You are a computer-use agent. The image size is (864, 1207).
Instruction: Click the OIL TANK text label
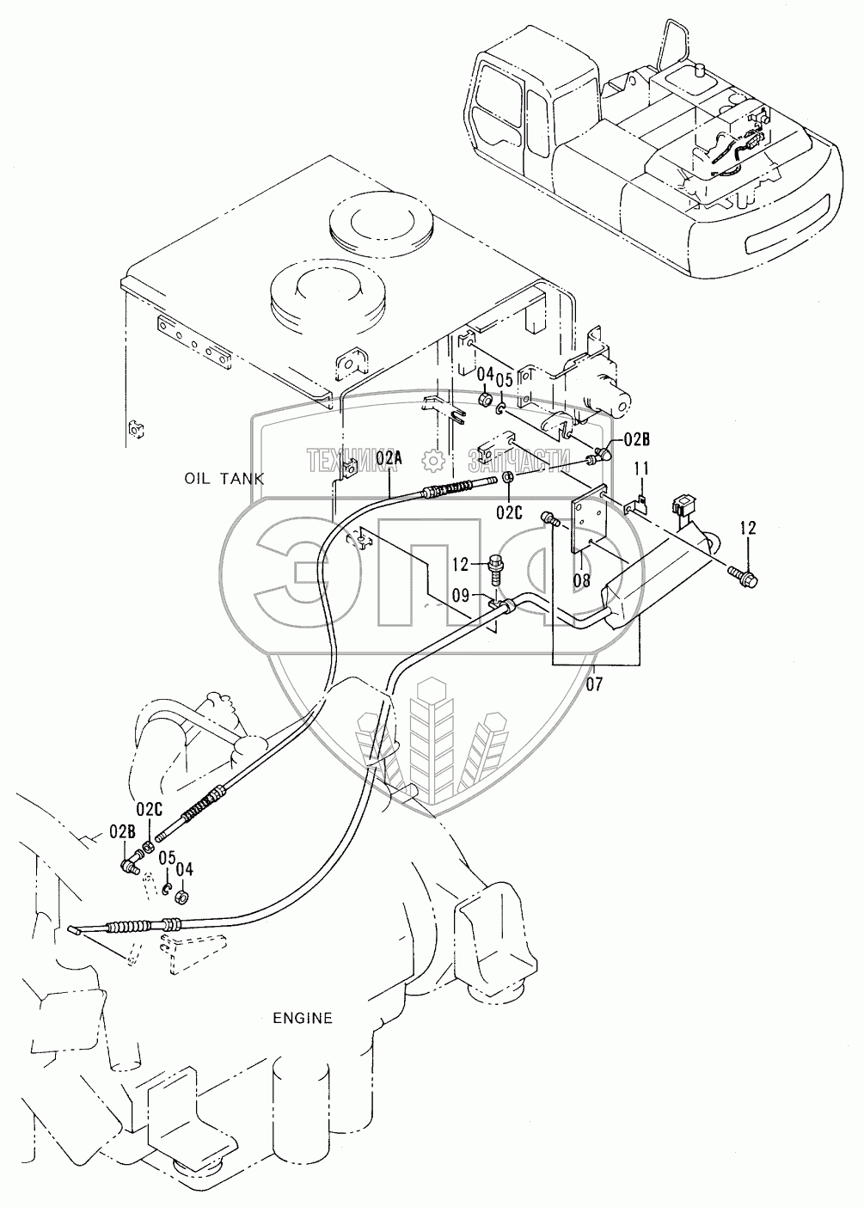tap(224, 478)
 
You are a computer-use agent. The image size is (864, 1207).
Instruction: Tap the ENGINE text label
tap(303, 1018)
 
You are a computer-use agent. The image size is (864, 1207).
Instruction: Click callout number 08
tap(582, 579)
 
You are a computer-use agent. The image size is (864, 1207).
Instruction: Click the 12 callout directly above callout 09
tap(461, 564)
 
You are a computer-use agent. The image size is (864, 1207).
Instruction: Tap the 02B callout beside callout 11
tap(637, 441)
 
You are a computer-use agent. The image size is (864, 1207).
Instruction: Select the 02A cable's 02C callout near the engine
tap(149, 808)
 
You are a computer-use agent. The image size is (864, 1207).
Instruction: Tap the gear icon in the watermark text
tap(432, 462)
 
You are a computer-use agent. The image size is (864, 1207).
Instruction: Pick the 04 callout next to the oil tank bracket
tap(485, 374)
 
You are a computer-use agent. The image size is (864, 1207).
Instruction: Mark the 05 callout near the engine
tap(166, 857)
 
